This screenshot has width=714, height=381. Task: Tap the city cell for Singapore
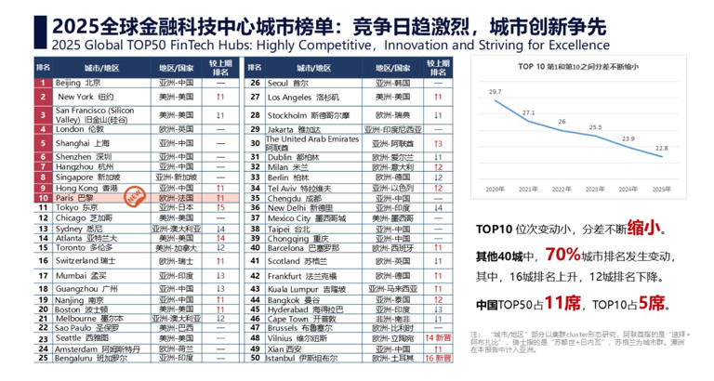88,177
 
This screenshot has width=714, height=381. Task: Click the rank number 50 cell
254,357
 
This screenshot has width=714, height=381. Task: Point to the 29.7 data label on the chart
496,91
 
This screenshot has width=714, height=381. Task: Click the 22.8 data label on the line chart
661,147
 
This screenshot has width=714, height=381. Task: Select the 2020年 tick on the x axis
496,189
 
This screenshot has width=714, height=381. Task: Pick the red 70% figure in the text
562,253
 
